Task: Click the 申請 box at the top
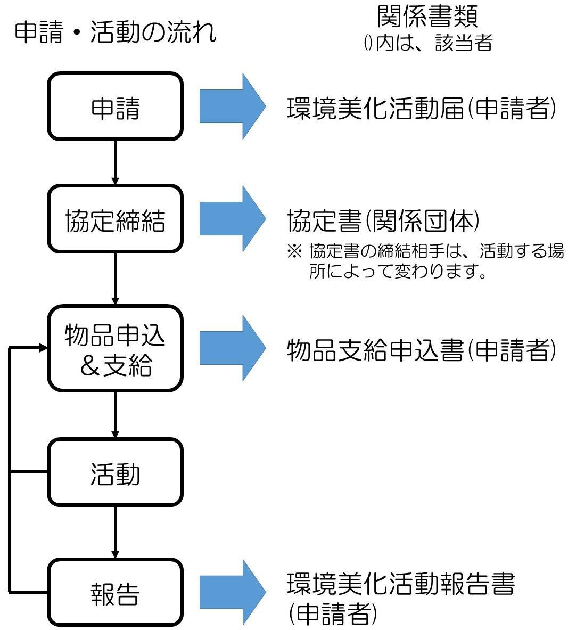coord(116,107)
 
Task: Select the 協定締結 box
coord(116,219)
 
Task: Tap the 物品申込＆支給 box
coord(116,349)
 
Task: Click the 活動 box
coord(116,472)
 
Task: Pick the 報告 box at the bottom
coord(116,592)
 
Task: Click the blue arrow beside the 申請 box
coord(232,107)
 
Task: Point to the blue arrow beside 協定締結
coord(232,219)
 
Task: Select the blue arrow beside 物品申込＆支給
coord(232,348)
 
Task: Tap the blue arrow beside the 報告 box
coord(232,592)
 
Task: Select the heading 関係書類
coord(427,16)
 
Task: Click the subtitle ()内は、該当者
coord(427,43)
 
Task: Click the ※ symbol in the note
coord(294,251)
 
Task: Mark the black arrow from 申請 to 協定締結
coord(115,162)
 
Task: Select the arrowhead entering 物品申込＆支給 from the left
coord(43,348)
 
